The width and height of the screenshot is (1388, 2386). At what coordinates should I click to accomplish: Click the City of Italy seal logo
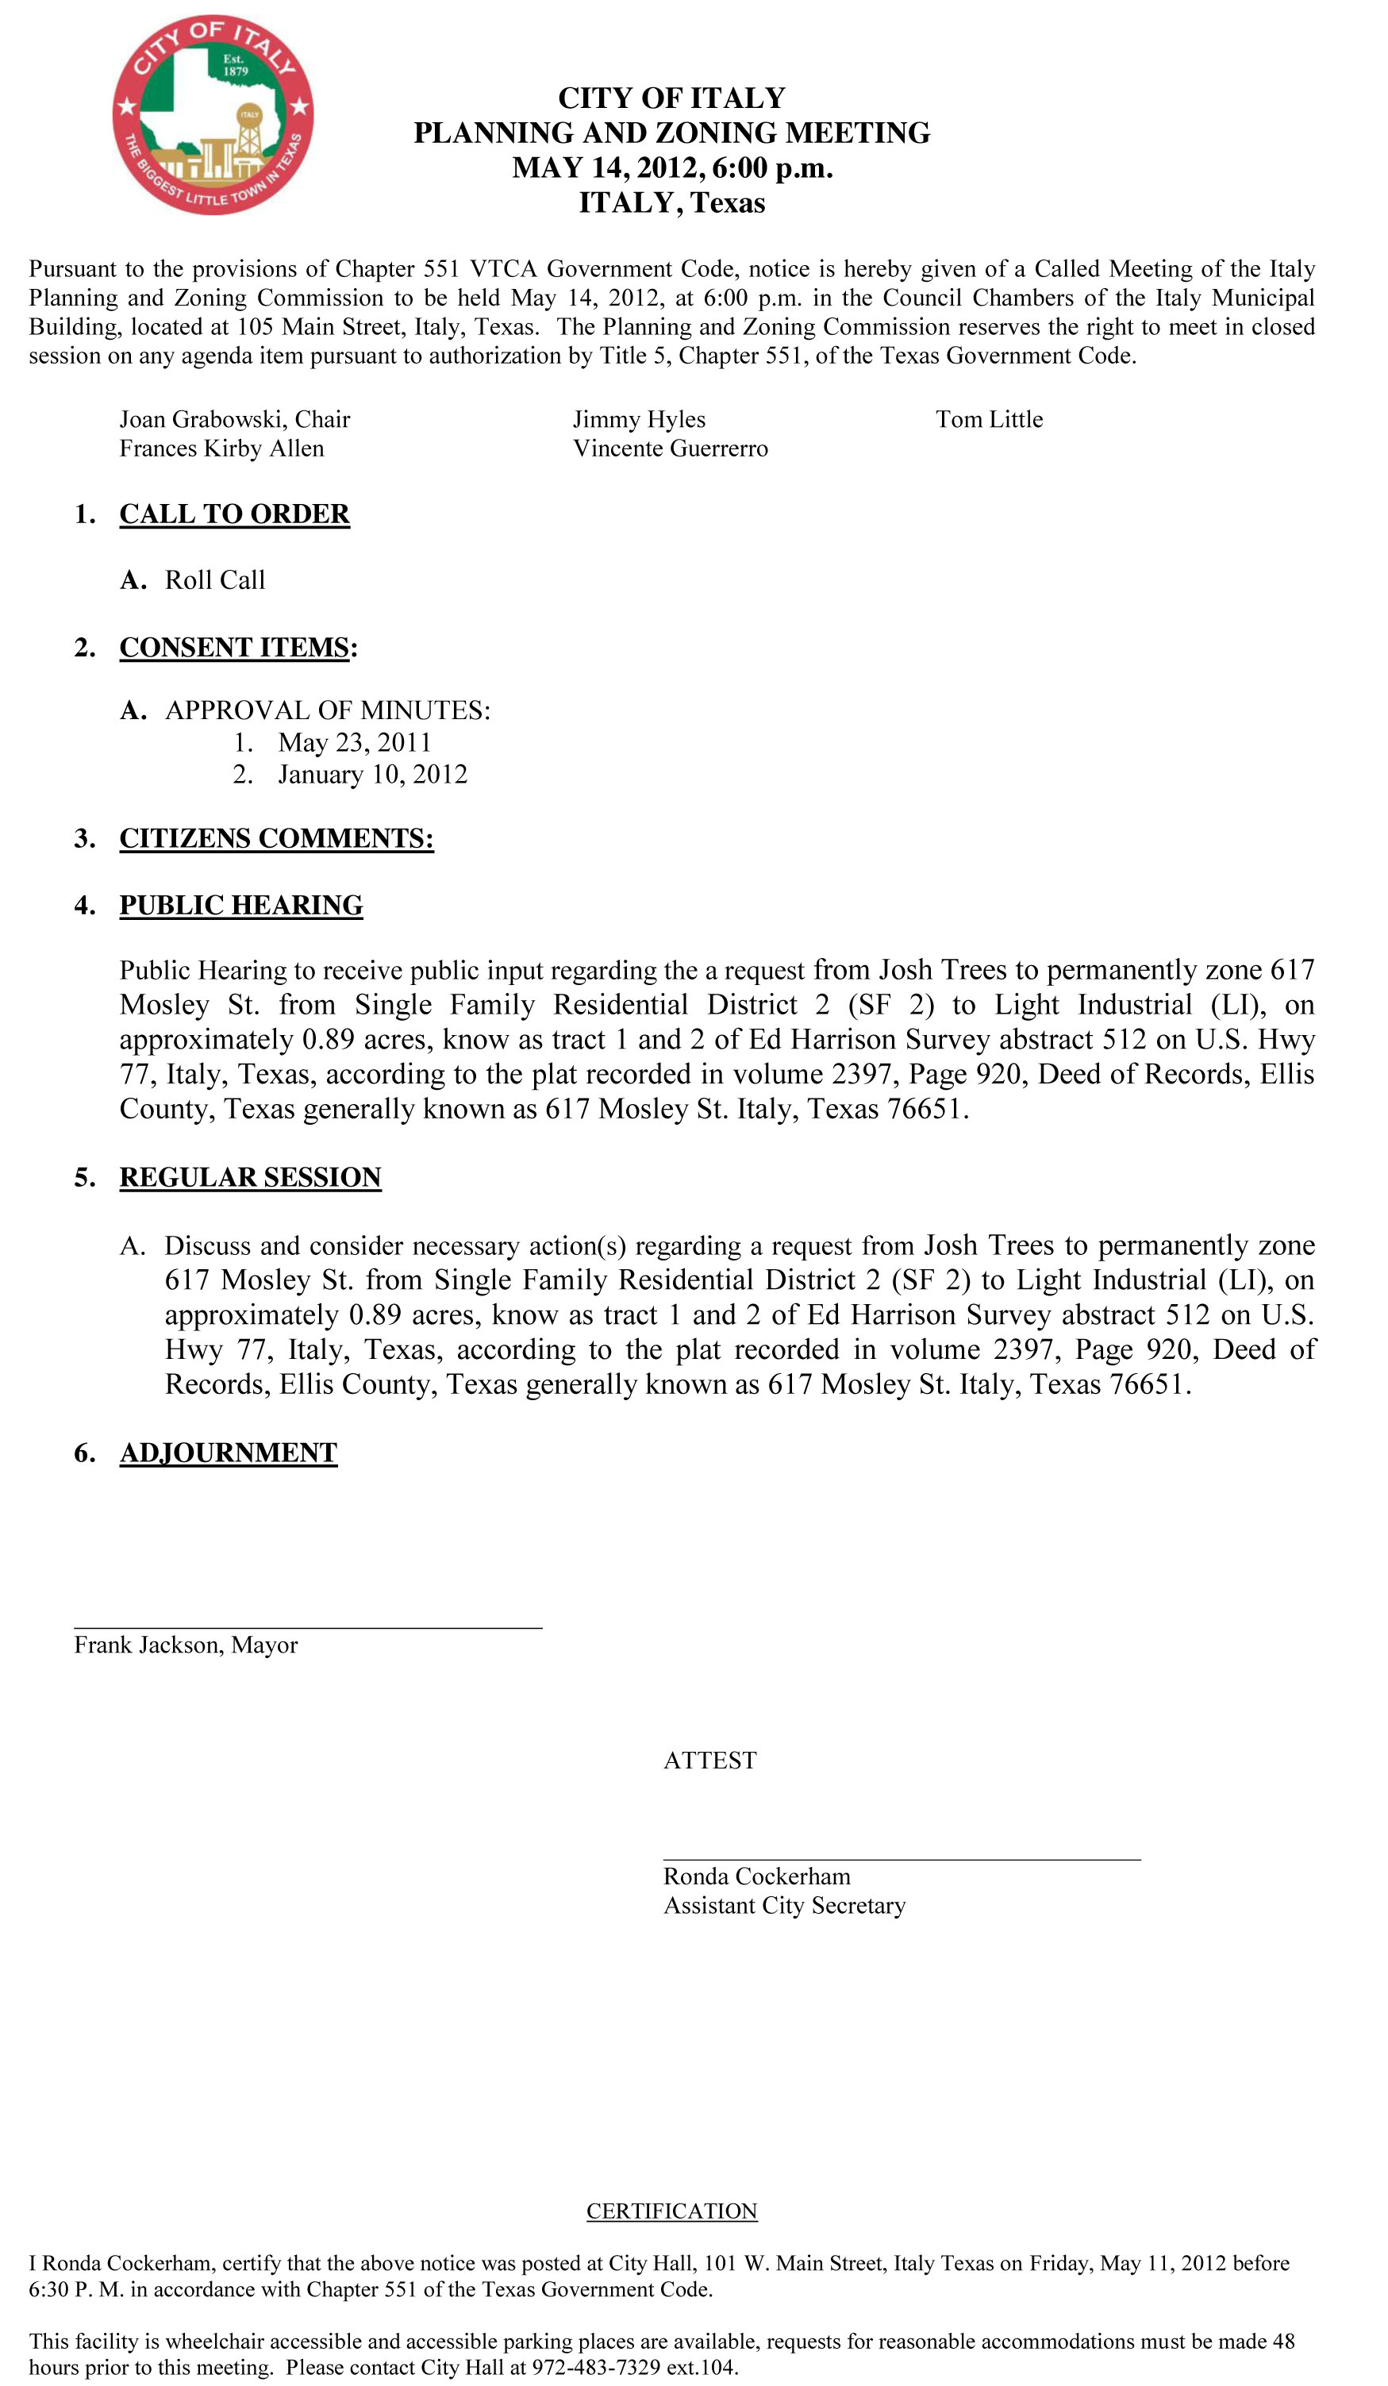tap(212, 114)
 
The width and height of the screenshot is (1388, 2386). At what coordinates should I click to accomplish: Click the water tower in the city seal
tap(249, 129)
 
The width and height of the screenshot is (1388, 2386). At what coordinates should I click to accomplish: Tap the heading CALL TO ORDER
tap(234, 514)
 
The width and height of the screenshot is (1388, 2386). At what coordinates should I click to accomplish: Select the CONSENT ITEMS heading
tap(234, 648)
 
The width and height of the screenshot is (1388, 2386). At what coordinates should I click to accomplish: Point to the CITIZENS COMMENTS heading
tap(276, 839)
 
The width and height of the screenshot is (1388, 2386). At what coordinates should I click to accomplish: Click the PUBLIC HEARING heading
tap(240, 906)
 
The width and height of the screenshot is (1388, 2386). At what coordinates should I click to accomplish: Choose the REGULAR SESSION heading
tap(250, 1178)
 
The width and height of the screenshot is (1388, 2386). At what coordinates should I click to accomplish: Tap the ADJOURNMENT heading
tap(229, 1453)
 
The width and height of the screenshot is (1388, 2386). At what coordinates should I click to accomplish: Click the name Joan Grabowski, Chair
tap(234, 419)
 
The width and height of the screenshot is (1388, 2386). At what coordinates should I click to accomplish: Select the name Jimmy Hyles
tap(639, 419)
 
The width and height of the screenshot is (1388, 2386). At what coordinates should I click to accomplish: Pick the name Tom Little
tap(990, 419)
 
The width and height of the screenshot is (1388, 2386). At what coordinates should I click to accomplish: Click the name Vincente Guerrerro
tap(671, 448)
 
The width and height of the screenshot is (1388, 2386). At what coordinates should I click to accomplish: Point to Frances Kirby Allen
tap(221, 448)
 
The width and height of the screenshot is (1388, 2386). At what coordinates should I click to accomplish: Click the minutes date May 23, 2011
tap(354, 743)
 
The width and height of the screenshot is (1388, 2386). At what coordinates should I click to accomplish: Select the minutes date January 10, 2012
tap(372, 775)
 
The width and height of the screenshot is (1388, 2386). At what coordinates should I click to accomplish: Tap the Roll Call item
tap(215, 580)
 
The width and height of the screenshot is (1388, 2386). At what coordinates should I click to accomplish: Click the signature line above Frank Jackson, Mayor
tap(308, 1628)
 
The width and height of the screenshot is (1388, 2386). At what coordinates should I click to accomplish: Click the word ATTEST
tap(710, 1761)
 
